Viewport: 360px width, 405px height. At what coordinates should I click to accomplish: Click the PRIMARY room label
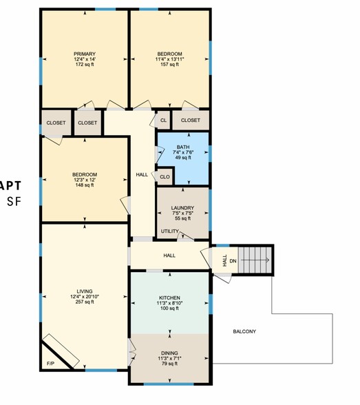85,54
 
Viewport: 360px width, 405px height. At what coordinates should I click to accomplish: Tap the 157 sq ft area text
169,65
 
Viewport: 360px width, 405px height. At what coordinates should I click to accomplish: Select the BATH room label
182,147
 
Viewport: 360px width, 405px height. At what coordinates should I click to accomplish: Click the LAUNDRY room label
182,207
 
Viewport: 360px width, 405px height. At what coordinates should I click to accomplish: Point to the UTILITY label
169,231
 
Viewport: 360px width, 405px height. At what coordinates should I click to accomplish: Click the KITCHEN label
169,298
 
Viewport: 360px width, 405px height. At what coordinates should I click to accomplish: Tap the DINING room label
169,353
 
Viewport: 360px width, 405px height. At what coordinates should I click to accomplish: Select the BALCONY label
244,331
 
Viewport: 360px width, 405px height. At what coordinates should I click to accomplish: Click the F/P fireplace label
50,362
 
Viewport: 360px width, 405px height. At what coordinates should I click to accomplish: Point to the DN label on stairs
233,260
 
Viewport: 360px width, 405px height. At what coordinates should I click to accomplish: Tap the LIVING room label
85,291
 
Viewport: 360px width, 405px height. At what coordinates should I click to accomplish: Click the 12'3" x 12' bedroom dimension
85,180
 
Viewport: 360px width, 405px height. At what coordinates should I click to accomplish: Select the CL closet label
163,121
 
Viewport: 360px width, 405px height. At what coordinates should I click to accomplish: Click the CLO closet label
165,177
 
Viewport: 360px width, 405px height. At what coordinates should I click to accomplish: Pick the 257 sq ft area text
85,302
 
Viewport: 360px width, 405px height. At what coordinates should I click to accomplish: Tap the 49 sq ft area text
182,158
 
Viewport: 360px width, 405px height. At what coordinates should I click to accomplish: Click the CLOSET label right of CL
191,121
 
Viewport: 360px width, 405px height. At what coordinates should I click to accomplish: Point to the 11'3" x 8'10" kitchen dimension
169,303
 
